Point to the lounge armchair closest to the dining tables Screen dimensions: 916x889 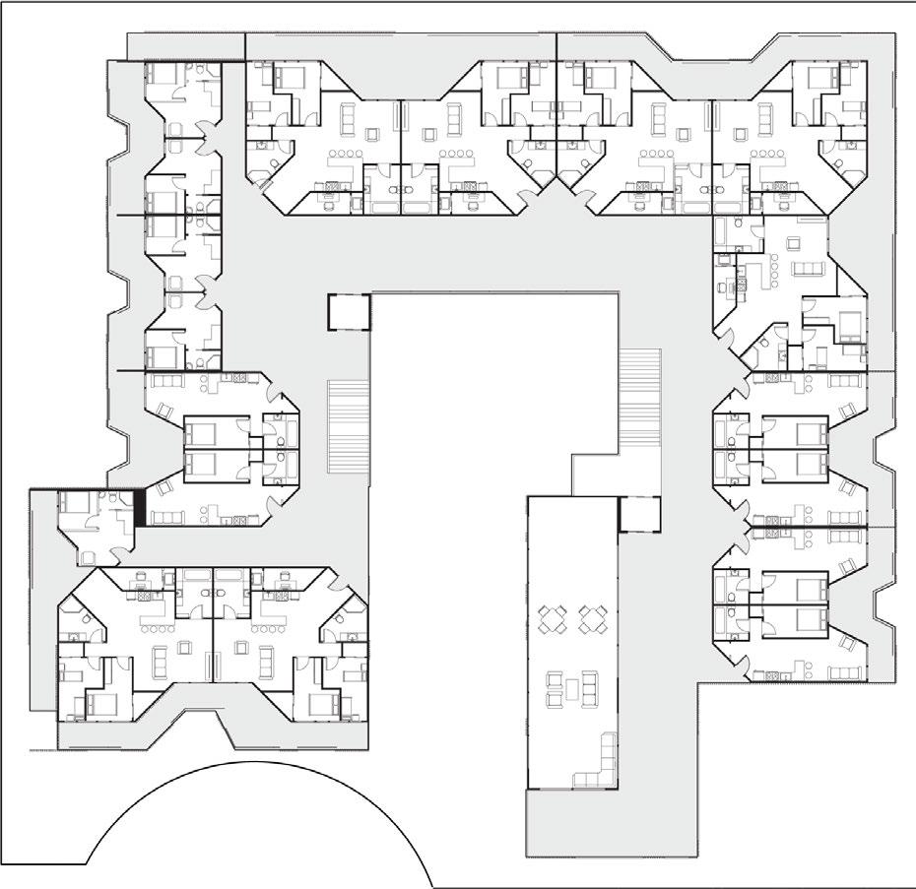point(553,679)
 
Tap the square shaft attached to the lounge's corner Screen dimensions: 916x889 point(635,514)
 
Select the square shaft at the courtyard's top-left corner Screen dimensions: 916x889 point(348,312)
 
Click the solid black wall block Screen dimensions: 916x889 point(140,507)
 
